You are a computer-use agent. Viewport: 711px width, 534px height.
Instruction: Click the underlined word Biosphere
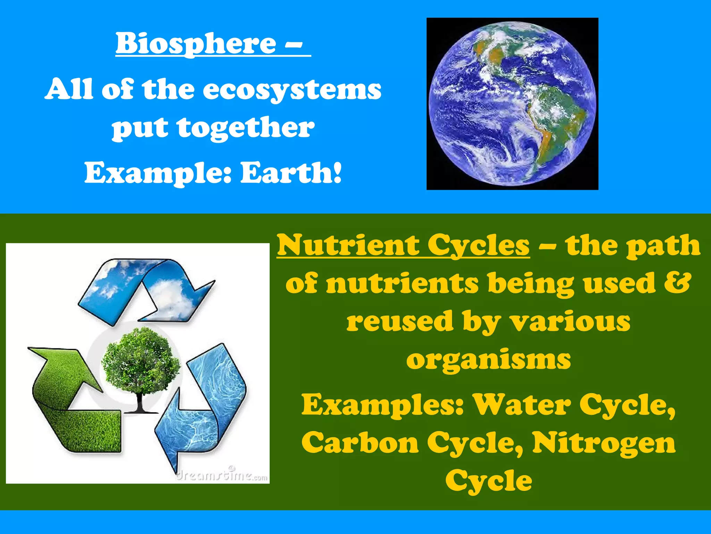point(196,43)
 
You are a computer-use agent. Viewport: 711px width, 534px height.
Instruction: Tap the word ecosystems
point(292,89)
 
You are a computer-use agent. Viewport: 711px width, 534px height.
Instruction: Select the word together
point(246,128)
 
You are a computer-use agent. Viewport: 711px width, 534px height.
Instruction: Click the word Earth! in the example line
point(291,173)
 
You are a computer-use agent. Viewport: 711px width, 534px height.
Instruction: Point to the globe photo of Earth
point(512,104)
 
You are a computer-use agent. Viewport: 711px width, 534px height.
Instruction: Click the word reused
point(400,322)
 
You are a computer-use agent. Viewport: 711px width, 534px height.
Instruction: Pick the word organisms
point(488,359)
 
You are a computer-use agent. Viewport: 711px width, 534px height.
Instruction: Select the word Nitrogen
point(604,443)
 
